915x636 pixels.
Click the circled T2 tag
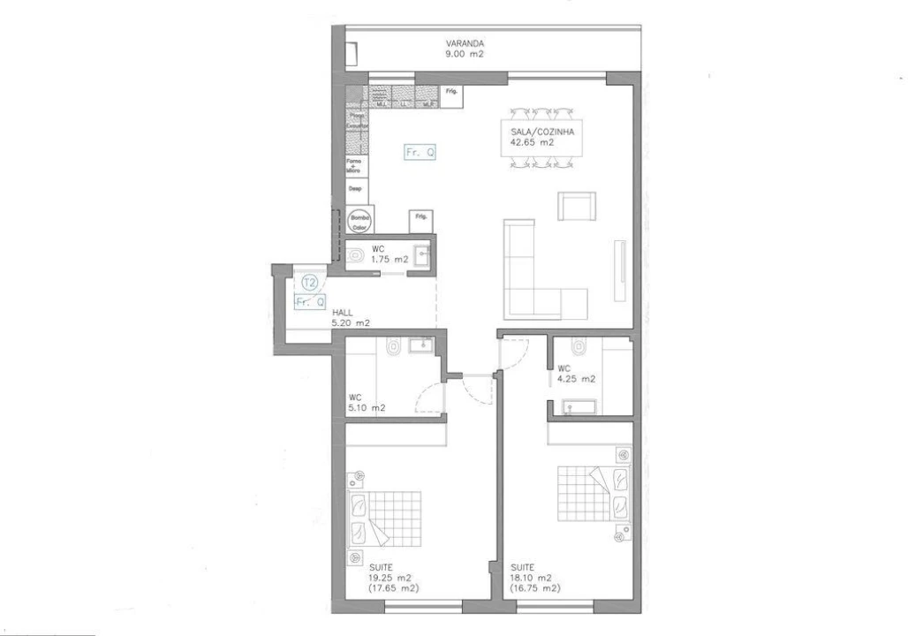(x=309, y=283)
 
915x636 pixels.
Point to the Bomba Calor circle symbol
(x=359, y=220)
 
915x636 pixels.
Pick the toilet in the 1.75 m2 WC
(x=355, y=256)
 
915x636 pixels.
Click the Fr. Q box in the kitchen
(x=420, y=152)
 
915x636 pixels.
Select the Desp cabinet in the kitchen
(x=355, y=188)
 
